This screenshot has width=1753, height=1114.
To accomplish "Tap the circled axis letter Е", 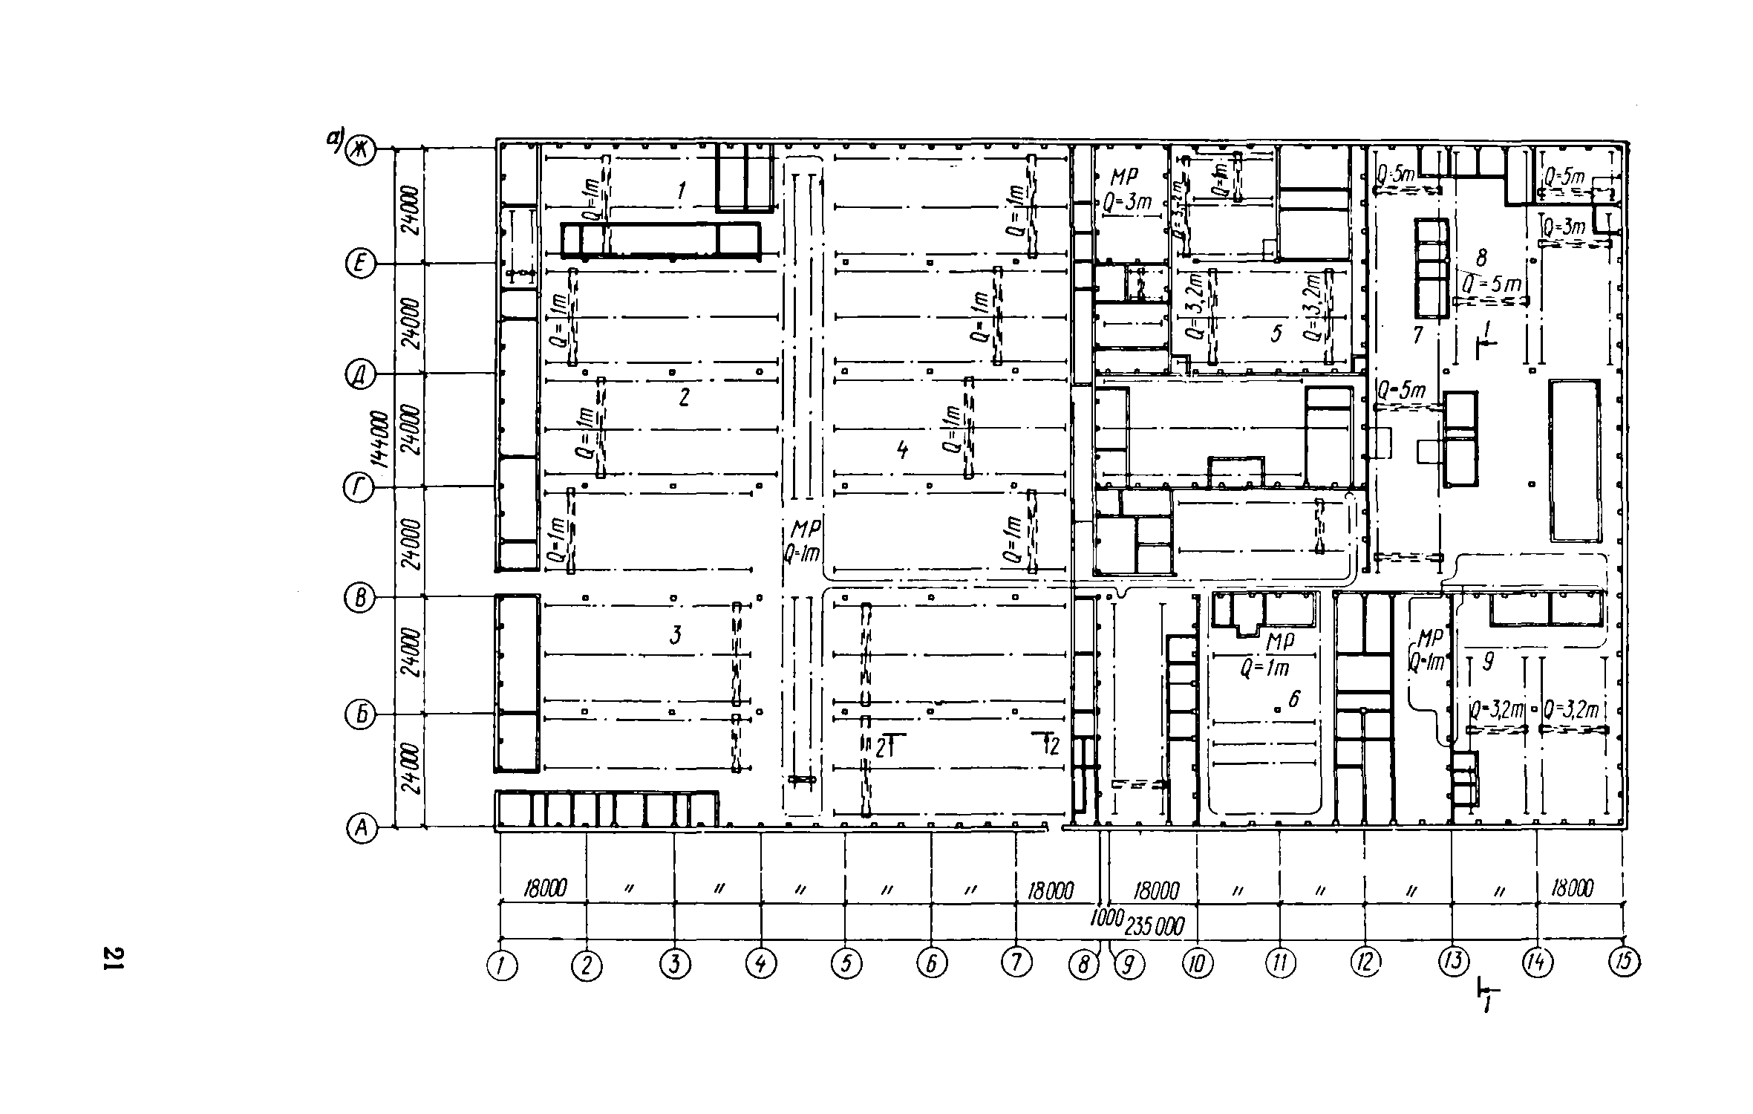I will click(360, 264).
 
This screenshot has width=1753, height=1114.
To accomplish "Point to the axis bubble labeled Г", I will click(357, 489).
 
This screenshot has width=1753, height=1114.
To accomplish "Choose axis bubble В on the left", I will click(360, 599).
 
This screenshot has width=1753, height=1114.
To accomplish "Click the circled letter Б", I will click(360, 715).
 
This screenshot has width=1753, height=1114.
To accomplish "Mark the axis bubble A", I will click(362, 828).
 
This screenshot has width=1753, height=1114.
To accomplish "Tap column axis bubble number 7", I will click(1016, 962).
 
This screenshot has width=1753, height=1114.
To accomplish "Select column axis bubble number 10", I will click(1197, 964).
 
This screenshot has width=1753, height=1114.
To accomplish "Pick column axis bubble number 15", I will click(1623, 962).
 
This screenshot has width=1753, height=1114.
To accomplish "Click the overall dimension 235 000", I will click(1155, 926).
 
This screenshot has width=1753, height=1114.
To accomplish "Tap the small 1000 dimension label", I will click(1105, 918).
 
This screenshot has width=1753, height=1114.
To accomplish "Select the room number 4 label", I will click(902, 449).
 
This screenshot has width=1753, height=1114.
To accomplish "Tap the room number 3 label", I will click(675, 635).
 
